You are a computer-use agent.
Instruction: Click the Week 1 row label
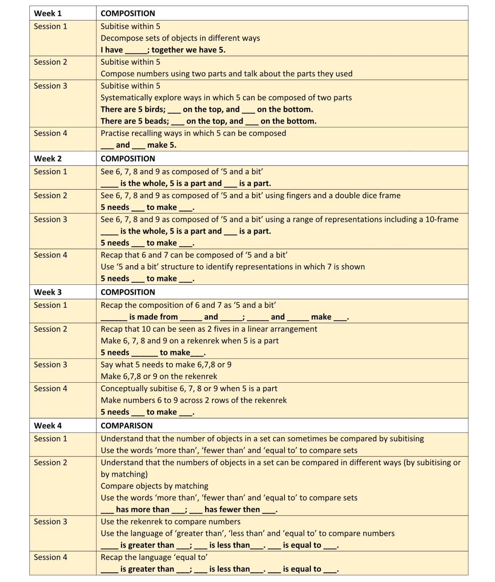pos(48,13)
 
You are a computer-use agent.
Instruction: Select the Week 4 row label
pos(48,426)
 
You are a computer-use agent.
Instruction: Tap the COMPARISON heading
pos(127,426)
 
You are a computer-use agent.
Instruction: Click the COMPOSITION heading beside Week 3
pos(128,292)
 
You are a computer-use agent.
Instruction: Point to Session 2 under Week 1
pos(50,62)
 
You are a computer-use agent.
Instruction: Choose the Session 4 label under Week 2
pos(50,255)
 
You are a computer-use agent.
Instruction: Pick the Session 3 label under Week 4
pos(50,522)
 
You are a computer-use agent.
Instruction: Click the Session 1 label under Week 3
pos(50,305)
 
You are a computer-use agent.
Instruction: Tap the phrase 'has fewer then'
pos(232,510)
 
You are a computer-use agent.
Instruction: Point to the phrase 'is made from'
pos(153,317)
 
